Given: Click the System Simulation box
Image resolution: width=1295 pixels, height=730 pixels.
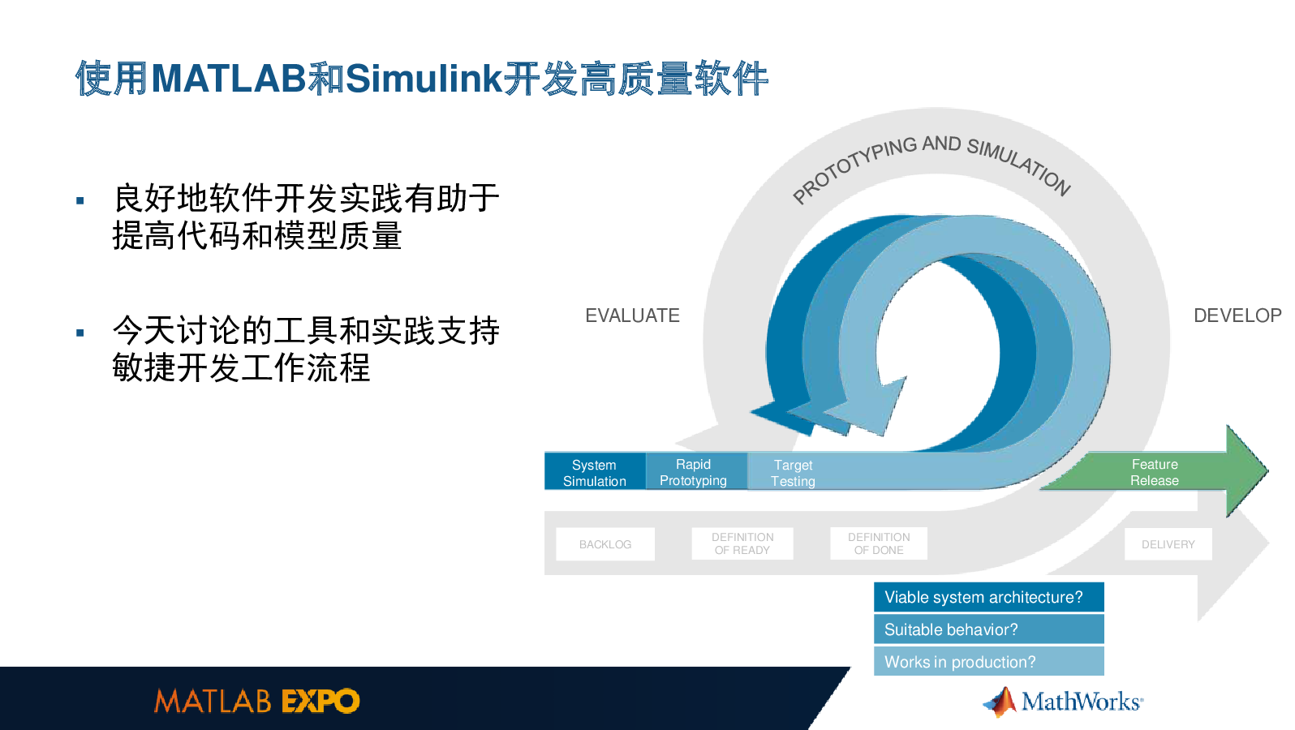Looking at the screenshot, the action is tap(595, 472).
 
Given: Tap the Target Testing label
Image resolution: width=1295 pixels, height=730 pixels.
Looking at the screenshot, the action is tap(793, 473).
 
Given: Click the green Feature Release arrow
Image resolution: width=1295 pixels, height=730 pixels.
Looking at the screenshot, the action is tap(1155, 472).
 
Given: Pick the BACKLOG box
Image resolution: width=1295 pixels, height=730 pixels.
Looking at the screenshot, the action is tap(605, 544).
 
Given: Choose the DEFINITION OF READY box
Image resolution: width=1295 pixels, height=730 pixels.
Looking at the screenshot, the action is tap(742, 543).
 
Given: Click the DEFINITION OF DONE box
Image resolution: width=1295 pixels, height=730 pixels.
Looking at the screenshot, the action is tap(879, 543).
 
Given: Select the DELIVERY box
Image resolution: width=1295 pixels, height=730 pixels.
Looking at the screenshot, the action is tap(1168, 544).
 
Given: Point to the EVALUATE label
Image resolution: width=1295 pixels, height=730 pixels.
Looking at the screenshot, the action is tap(632, 316).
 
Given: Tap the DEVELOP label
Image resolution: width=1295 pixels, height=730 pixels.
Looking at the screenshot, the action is tap(1237, 316).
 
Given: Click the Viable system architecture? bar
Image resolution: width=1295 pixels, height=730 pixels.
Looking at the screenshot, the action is tap(988, 597).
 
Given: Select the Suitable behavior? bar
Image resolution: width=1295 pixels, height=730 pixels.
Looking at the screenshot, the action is tap(988, 629).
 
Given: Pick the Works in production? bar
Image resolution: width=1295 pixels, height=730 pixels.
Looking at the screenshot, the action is tap(988, 661).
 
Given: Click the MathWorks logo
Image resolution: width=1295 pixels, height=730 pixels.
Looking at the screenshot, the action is tap(1063, 702).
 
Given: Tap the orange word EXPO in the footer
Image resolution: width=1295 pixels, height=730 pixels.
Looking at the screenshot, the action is tap(321, 701).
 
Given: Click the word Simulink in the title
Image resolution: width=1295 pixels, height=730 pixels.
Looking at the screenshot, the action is tap(424, 78).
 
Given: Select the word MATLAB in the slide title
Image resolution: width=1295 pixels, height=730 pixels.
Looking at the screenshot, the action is tap(228, 79).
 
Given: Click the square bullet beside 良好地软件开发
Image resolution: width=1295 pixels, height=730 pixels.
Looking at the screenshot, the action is tap(80, 200).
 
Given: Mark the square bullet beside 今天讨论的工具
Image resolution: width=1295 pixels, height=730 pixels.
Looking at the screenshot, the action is tap(80, 333).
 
